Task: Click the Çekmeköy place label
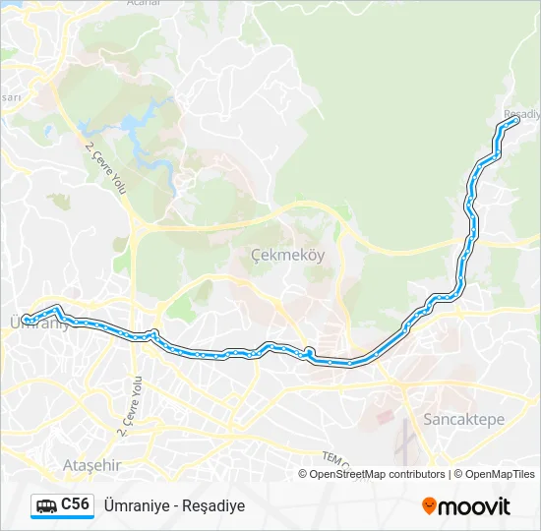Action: click(287, 254)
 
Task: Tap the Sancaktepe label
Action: click(463, 419)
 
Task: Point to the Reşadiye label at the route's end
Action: click(522, 114)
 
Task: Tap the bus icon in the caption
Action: click(46, 506)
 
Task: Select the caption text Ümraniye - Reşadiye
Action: click(174, 506)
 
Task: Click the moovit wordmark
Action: click(475, 506)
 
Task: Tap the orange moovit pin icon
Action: click(429, 506)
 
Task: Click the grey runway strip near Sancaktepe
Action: click(402, 444)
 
